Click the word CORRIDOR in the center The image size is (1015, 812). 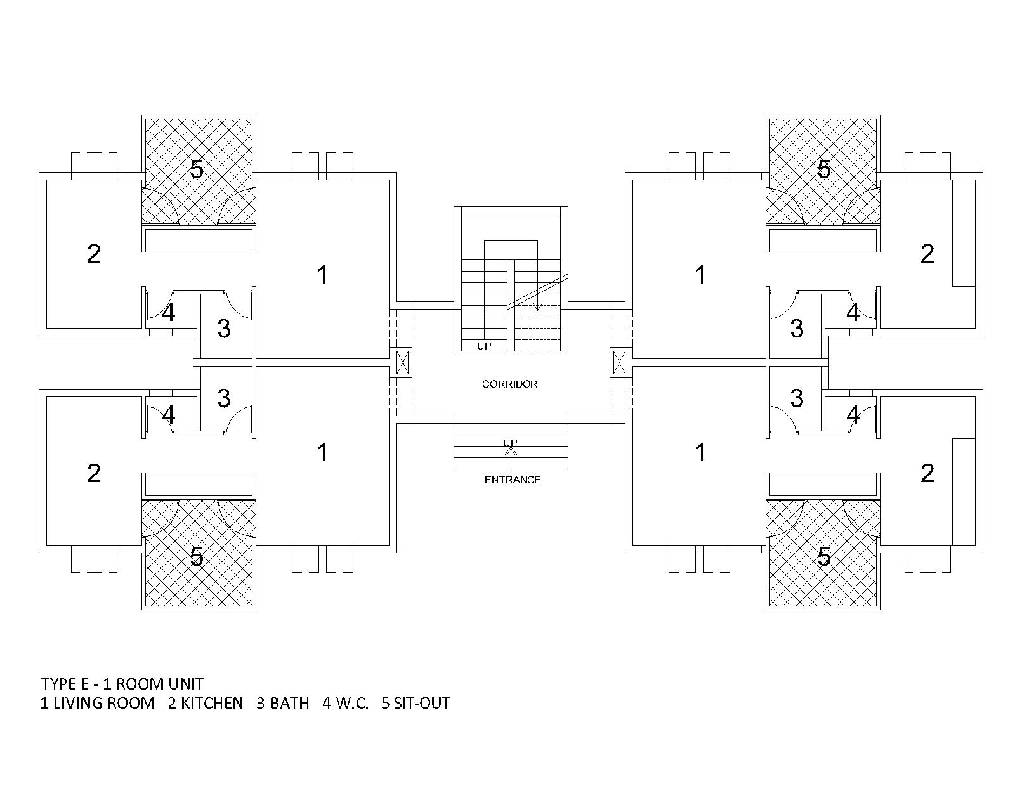click(x=509, y=384)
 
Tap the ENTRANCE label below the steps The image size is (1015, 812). click(x=512, y=480)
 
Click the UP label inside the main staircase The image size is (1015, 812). click(x=484, y=346)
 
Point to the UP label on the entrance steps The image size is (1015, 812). click(x=510, y=443)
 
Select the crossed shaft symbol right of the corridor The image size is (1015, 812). click(x=619, y=362)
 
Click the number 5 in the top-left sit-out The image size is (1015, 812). click(x=197, y=169)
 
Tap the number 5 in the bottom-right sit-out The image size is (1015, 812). click(x=823, y=557)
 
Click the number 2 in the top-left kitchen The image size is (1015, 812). click(x=94, y=254)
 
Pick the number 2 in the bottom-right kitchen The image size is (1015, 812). click(x=927, y=473)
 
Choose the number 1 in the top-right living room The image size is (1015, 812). click(x=701, y=275)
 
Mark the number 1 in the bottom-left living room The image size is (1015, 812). click(x=322, y=452)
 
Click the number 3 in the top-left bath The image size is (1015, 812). click(x=224, y=329)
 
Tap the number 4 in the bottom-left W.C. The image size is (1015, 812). click(x=168, y=415)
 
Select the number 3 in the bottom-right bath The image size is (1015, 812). click(x=797, y=398)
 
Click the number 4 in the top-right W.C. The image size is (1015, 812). click(x=853, y=312)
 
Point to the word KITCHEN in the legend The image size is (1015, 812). click(x=212, y=703)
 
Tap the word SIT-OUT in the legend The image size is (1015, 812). click(x=422, y=703)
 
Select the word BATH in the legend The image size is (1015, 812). click(x=289, y=703)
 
